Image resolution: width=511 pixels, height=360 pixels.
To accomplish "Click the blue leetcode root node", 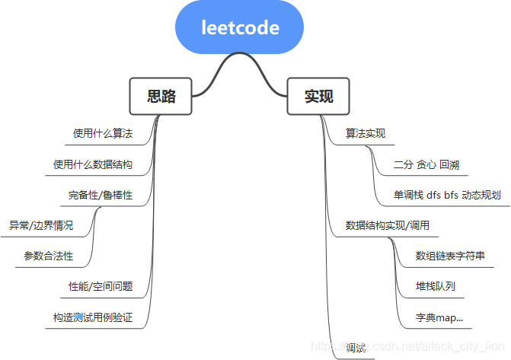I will (x=240, y=28).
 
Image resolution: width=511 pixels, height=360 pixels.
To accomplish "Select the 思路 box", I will (x=161, y=96).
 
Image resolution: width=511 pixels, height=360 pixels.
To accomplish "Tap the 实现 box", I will (x=318, y=96).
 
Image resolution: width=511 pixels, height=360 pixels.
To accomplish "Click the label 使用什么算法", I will (x=103, y=134).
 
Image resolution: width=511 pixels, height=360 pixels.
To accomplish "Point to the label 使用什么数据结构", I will (x=93, y=164).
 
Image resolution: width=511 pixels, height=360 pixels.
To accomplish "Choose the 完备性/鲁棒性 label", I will (x=101, y=195).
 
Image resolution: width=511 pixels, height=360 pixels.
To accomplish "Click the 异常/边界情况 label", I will (x=41, y=225).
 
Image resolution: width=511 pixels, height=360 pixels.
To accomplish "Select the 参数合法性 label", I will (x=49, y=256).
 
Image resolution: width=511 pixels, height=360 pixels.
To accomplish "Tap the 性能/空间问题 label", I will (x=101, y=286).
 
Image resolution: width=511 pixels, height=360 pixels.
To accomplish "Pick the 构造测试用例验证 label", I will (x=93, y=317).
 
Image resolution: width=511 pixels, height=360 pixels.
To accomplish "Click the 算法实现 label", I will (x=366, y=134).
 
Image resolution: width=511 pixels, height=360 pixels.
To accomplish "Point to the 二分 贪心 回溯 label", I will (x=426, y=164).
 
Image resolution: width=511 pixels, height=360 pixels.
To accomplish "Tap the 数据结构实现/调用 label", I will (x=392, y=225).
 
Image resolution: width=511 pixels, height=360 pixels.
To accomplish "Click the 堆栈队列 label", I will (x=436, y=286).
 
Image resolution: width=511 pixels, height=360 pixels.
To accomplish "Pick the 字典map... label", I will (x=439, y=317).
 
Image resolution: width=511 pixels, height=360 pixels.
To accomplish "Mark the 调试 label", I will (x=356, y=347).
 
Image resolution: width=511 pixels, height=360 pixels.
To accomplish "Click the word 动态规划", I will (x=484, y=195).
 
